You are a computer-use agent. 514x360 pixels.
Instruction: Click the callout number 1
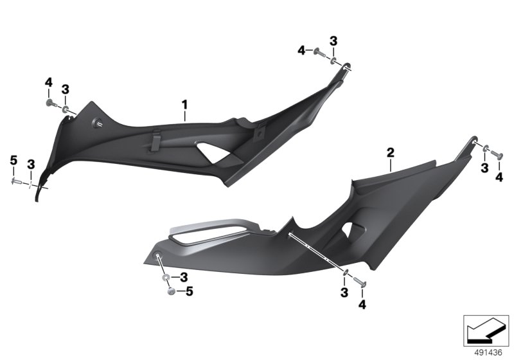(185, 105)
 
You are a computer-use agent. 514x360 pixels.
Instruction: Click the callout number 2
(391, 153)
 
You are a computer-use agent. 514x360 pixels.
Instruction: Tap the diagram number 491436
(488, 352)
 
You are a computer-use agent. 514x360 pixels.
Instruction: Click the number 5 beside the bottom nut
(190, 291)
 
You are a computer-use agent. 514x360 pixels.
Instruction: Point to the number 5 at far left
(13, 161)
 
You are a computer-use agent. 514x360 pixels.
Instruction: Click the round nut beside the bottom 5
(171, 291)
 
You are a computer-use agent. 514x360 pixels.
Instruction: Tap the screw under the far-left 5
(16, 181)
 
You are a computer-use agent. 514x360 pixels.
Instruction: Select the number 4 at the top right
(301, 51)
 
